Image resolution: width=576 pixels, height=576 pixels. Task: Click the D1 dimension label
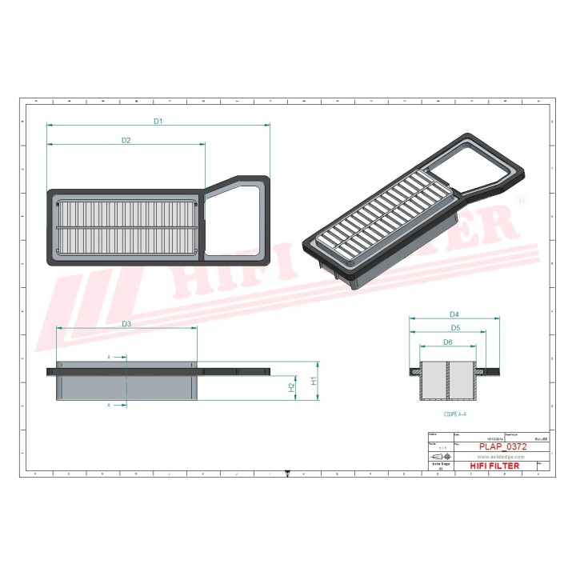point(158,121)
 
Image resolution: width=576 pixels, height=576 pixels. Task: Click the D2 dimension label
point(126,140)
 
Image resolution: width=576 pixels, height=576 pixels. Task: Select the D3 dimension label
point(126,323)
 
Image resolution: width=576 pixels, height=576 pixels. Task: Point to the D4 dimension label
point(454,314)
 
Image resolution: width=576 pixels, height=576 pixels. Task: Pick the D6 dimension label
point(447,342)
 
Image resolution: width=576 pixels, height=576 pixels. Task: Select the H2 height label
point(292,387)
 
